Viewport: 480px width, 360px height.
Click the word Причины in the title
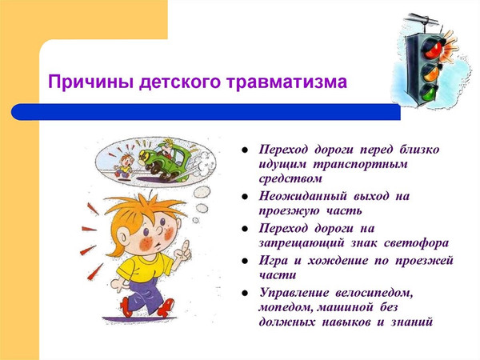click(x=90, y=82)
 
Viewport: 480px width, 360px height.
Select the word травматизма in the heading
click(x=287, y=82)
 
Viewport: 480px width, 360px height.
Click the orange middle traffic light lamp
click(x=432, y=72)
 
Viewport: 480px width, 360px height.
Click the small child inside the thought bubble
click(x=124, y=166)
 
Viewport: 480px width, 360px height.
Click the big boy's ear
click(x=123, y=238)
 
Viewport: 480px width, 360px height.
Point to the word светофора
click(x=416, y=243)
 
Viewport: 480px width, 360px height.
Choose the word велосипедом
click(x=374, y=293)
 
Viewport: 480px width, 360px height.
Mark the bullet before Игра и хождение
click(x=245, y=261)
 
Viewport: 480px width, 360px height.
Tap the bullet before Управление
click(x=245, y=293)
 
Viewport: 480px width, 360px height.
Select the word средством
click(x=290, y=178)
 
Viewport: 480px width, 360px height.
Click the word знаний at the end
click(x=412, y=322)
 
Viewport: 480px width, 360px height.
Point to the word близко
click(x=419, y=150)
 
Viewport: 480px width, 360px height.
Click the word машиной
click(x=345, y=307)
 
